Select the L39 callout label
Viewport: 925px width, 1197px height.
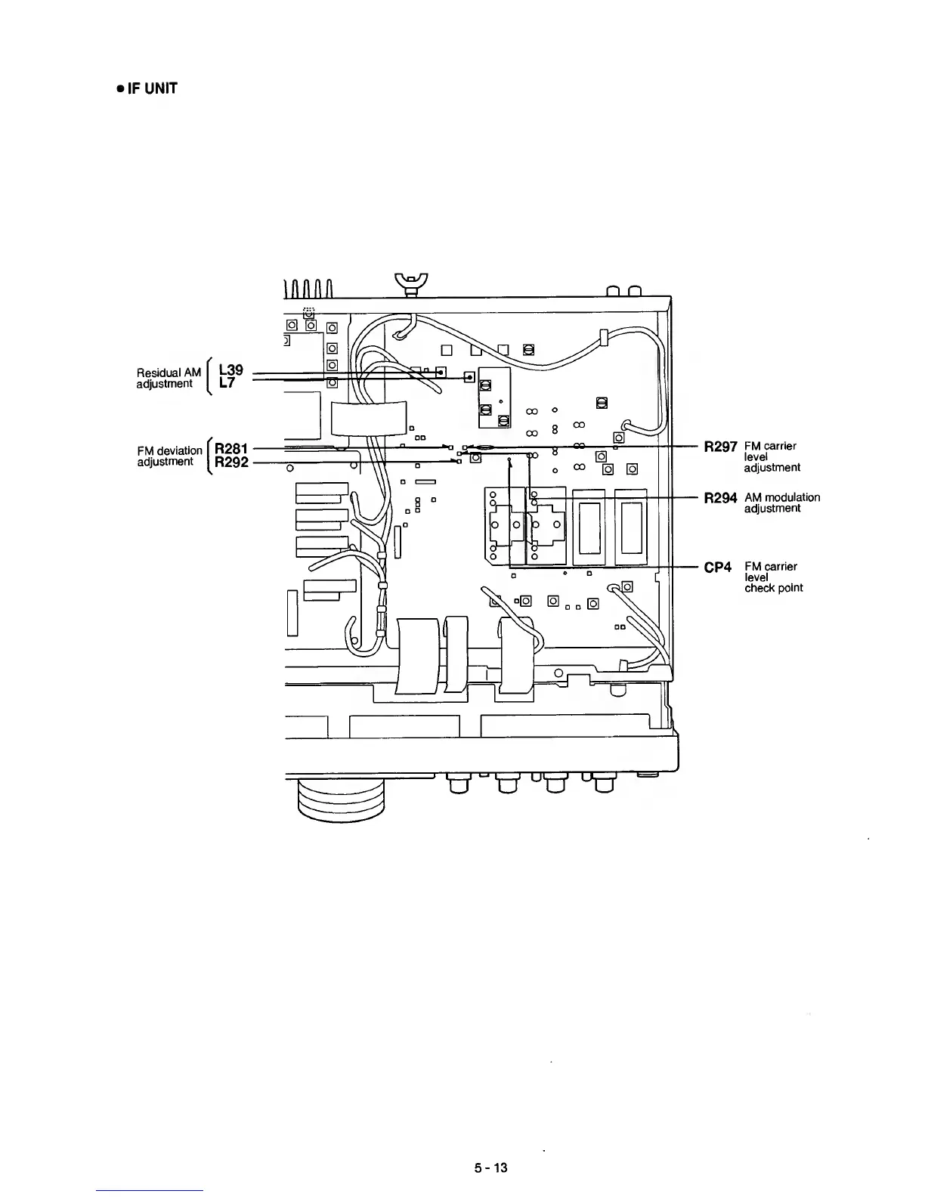click(230, 370)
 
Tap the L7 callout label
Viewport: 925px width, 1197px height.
click(225, 383)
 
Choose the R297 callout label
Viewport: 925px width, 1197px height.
click(720, 447)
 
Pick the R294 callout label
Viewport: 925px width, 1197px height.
click(720, 499)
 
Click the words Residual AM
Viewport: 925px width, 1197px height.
click(169, 373)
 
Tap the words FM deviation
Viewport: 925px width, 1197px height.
click(170, 451)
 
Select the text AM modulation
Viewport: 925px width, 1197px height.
click(781, 497)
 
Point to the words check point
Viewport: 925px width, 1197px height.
click(773, 588)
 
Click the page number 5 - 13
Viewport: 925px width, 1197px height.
click(490, 1168)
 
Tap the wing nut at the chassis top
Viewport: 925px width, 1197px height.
click(411, 283)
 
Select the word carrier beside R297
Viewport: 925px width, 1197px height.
click(778, 446)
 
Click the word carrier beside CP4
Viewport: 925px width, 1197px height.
click(779, 566)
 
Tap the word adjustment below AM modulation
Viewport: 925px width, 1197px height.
click(772, 509)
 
